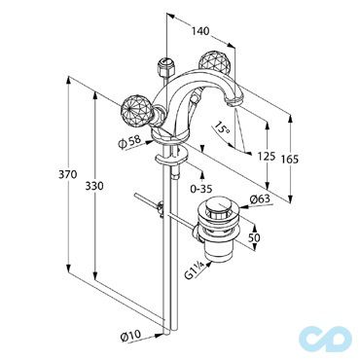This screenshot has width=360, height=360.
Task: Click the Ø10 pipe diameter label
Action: click(x=130, y=337)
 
